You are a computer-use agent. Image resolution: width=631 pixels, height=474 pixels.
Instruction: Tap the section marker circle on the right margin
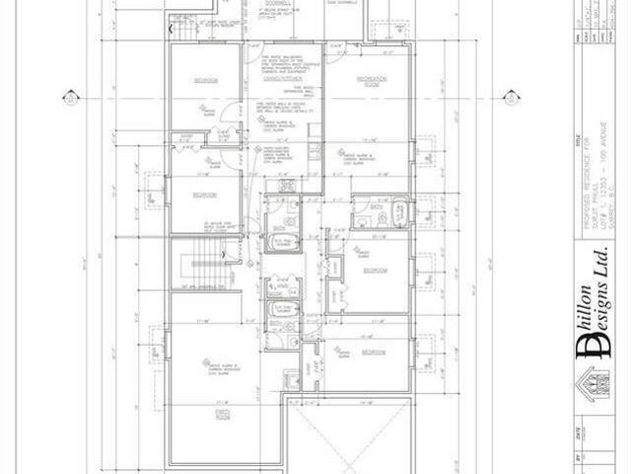point(511,97)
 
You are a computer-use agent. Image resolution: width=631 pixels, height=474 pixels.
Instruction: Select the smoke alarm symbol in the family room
point(207,357)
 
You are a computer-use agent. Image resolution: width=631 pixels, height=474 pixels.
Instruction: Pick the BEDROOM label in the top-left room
point(205,79)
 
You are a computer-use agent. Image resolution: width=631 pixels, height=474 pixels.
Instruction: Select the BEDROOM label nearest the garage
point(373,352)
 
